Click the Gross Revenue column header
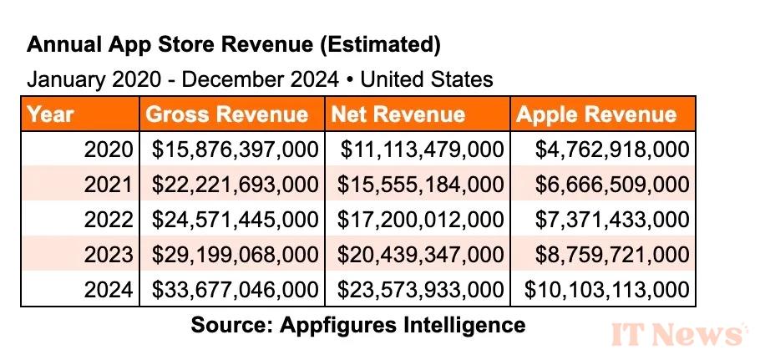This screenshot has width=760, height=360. pos(226,114)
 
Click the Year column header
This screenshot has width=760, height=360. pos(51,114)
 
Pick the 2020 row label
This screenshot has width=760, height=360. pos(109,150)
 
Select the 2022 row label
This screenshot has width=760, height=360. pos(109,221)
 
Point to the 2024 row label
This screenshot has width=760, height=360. pos(109,291)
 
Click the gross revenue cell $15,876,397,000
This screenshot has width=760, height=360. pos(235,150)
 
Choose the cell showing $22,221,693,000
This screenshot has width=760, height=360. pos(235,185)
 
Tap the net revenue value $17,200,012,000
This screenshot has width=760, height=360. pos(421,221)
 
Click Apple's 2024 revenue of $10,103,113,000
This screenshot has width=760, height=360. pos(606,291)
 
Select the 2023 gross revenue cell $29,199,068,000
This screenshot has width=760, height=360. pos(235,256)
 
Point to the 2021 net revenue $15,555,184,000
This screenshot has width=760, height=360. pos(421,185)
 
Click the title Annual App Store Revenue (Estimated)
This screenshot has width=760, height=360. pos(233,43)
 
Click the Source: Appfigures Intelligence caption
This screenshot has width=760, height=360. pos(358,324)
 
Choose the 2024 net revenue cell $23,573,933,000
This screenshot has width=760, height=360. pos(421,291)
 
